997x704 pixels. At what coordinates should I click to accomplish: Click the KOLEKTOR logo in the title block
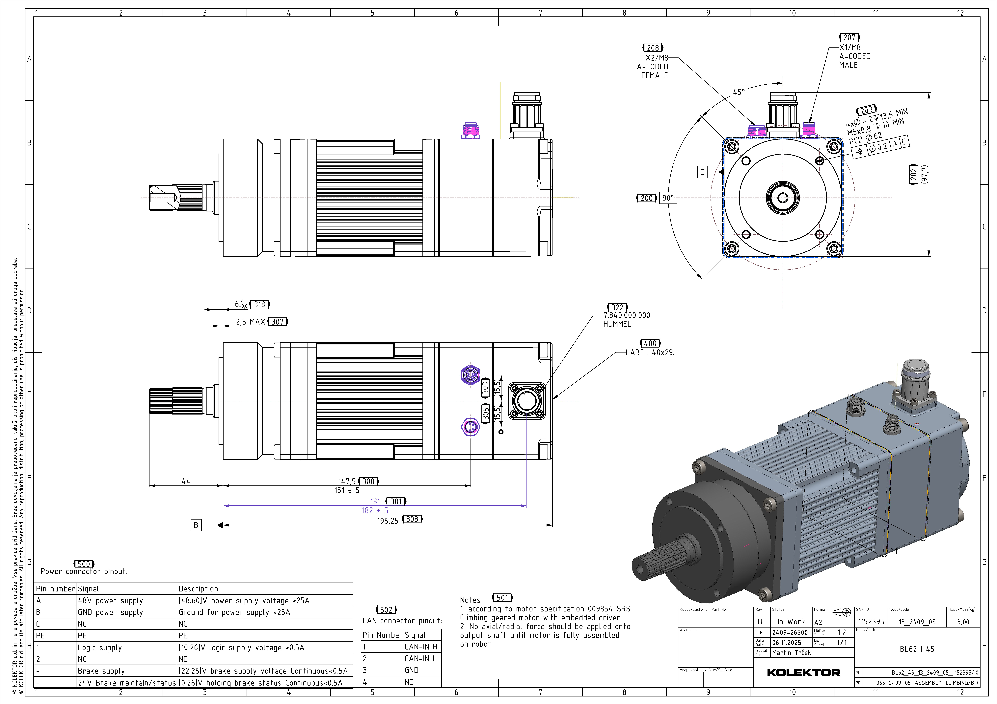click(803, 673)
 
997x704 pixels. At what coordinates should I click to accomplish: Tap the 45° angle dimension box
click(739, 92)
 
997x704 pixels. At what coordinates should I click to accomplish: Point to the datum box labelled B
click(196, 525)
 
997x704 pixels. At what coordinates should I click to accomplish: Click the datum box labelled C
click(702, 172)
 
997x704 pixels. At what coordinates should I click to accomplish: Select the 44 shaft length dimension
click(186, 481)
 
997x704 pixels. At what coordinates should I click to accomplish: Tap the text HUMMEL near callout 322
click(617, 324)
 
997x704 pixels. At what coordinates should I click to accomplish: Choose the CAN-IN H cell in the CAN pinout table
click(421, 647)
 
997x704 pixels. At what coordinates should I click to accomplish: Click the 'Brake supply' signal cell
click(101, 671)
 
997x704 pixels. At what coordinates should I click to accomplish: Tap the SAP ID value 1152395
click(871, 622)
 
